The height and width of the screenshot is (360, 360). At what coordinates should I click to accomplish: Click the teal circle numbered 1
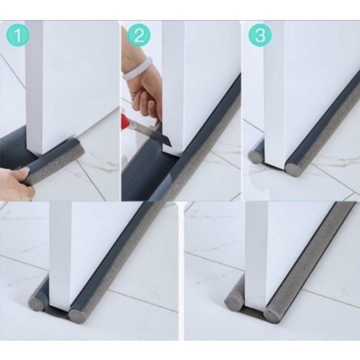click(x=18, y=35)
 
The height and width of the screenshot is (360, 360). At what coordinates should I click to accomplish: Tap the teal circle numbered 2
click(x=139, y=35)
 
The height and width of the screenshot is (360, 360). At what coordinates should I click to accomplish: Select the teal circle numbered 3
click(x=260, y=35)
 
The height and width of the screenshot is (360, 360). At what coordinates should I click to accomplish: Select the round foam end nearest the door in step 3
click(x=292, y=168)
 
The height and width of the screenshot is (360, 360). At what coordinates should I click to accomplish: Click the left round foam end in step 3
click(x=255, y=157)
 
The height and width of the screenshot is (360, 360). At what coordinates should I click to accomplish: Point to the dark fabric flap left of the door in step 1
click(x=14, y=147)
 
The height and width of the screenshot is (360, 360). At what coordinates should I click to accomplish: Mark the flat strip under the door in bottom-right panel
click(x=252, y=311)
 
